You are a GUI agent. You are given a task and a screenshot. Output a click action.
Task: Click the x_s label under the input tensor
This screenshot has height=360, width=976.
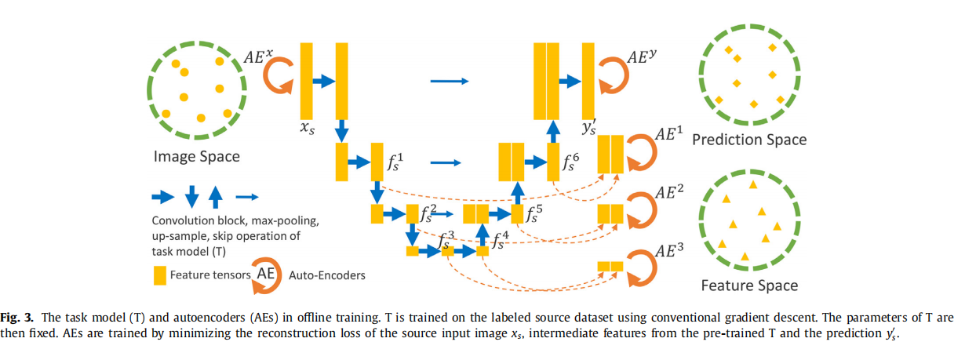pos(308,127)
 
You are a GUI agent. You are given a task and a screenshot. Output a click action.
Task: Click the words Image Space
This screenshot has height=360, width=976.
pos(196,157)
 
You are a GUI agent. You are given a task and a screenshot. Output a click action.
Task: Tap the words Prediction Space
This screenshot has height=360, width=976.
pos(749,140)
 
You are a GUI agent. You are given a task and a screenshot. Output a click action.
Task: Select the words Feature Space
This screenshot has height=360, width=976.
pos(749,285)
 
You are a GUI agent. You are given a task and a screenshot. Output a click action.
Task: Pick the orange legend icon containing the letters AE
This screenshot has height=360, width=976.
pos(265,275)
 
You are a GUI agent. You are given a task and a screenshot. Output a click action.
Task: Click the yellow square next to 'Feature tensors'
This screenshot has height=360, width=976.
pos(159,275)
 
